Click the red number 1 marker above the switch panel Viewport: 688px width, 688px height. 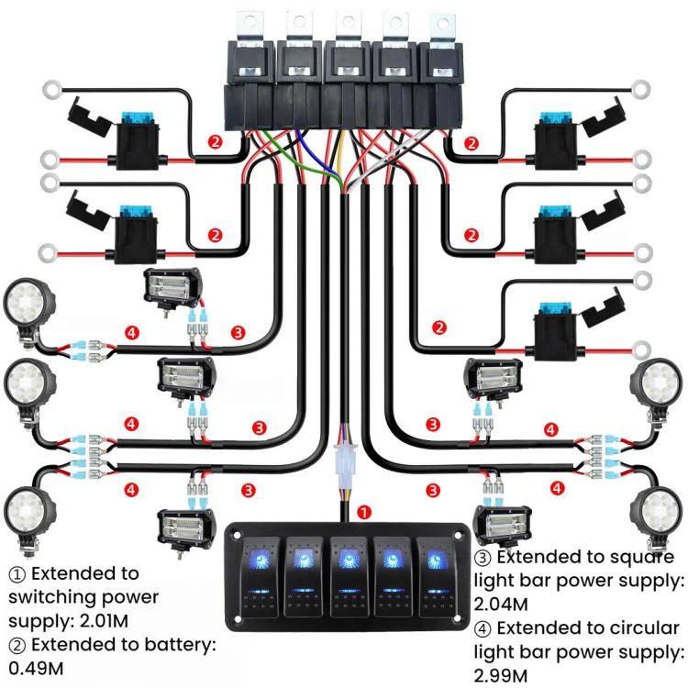[364, 512]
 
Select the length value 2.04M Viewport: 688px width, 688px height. [501, 604]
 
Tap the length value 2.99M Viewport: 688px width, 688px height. [501, 675]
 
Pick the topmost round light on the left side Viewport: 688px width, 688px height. [28, 303]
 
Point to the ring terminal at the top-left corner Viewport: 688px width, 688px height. [50, 91]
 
